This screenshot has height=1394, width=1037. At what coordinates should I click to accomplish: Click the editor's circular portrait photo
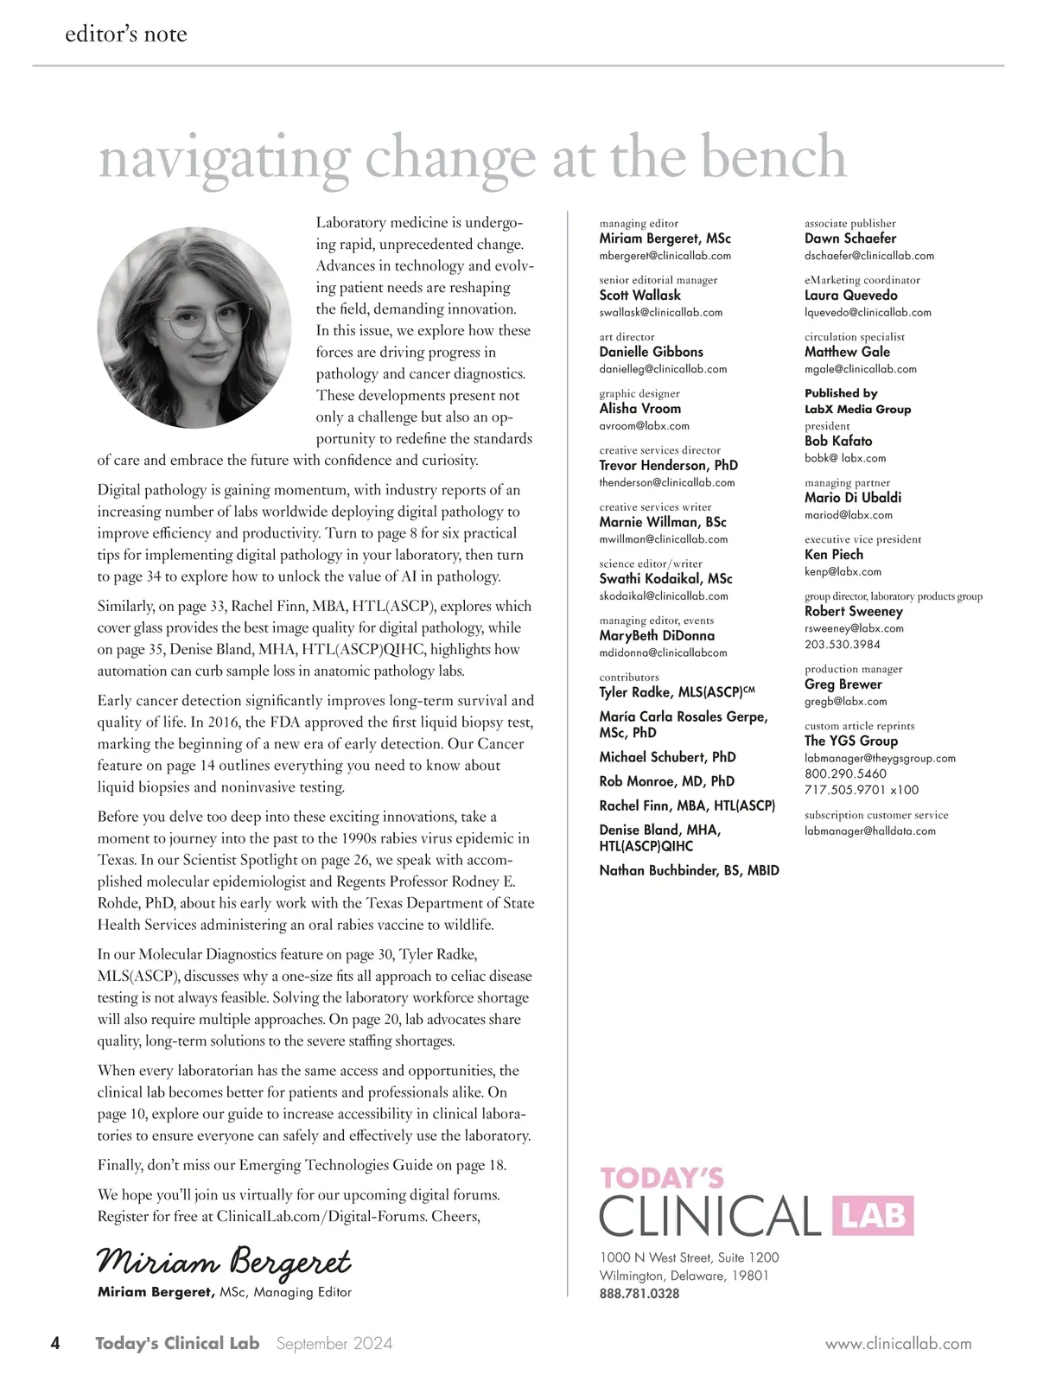[x=194, y=323]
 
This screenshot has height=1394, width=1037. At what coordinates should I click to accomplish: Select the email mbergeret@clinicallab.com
[x=665, y=256]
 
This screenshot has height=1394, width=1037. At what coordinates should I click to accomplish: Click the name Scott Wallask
[x=639, y=296]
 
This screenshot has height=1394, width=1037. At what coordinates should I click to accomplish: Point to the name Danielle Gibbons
[x=651, y=352]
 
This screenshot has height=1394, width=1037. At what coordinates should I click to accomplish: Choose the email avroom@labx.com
[x=644, y=425]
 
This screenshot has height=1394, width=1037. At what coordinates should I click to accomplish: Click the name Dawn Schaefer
[x=849, y=239]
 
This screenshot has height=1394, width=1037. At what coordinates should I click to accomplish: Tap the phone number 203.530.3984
[x=843, y=644]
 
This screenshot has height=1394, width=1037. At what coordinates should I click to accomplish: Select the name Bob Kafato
[x=838, y=441]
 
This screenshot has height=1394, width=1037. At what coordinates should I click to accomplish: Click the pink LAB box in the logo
[x=872, y=1216]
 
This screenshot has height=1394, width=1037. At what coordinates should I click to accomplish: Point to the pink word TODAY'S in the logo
[x=662, y=1177]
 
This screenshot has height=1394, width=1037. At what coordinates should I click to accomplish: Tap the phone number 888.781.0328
[x=639, y=1294]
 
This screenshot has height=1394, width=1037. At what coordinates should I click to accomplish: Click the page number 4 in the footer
[x=55, y=1343]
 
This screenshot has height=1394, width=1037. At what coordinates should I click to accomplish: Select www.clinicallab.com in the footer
[x=898, y=1344]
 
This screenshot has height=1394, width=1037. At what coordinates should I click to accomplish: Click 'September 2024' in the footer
[x=334, y=1343]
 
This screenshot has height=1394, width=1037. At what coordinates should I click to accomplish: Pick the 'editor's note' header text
[x=126, y=35]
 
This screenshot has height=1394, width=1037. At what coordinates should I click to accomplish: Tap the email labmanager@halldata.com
[x=869, y=831]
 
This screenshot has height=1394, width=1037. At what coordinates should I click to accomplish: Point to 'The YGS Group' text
[x=850, y=741]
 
